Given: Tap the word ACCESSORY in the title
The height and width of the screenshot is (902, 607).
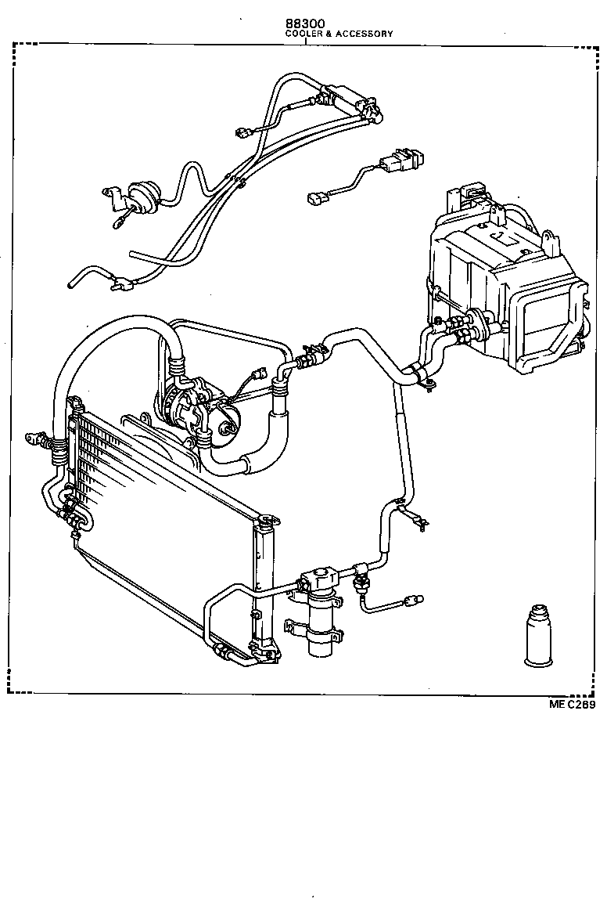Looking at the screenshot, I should coord(367,34).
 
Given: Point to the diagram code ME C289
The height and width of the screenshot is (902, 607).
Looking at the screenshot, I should coord(572,705).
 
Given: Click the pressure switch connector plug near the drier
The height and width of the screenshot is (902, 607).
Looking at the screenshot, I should coord(411,601).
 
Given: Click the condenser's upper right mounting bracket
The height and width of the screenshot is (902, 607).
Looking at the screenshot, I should coord(270,518).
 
